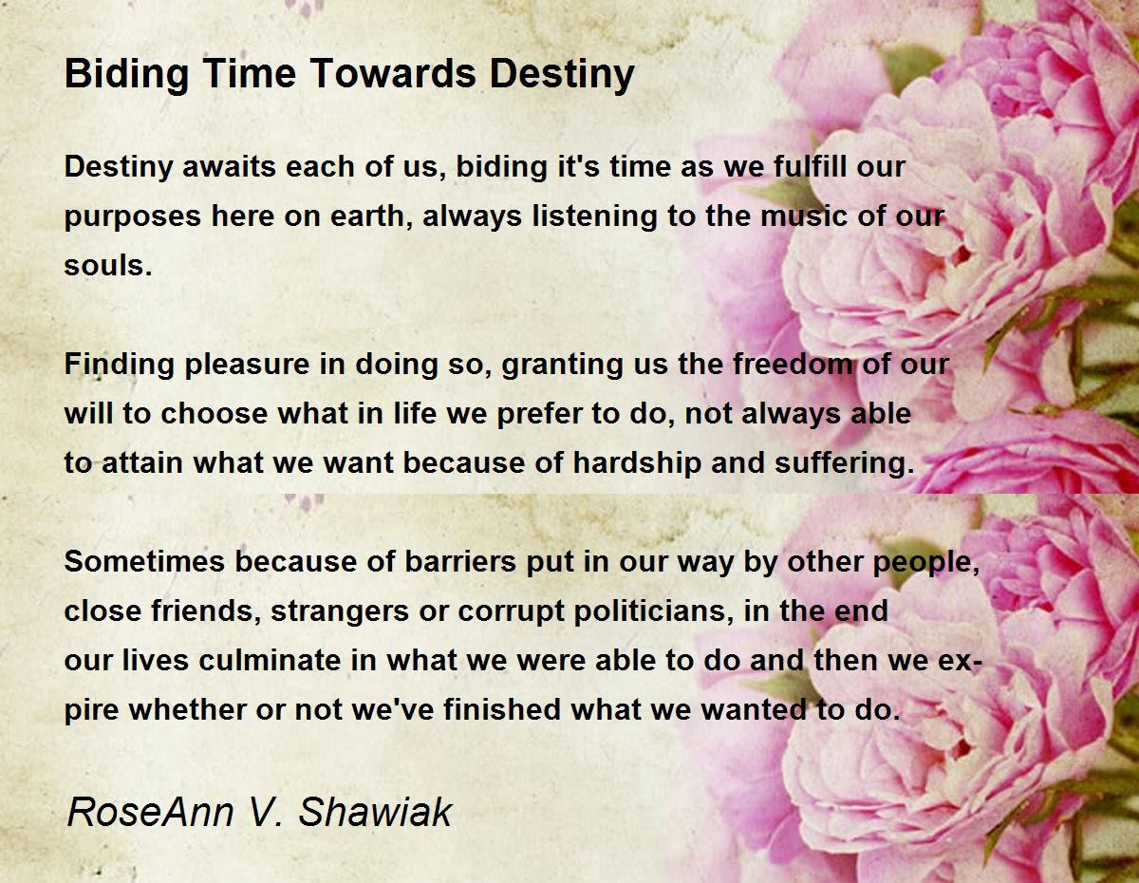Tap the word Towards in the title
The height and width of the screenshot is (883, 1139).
pyautogui.click(x=394, y=73)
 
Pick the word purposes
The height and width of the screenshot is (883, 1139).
pyautogui.click(x=133, y=217)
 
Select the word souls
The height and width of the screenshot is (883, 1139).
pyautogui.click(x=108, y=265)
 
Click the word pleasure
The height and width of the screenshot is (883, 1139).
pyautogui.click(x=248, y=365)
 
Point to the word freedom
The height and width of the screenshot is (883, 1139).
pyautogui.click(x=793, y=364)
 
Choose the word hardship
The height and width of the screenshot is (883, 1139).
pyautogui.click(x=637, y=463)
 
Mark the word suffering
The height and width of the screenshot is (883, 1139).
pyautogui.click(x=845, y=463)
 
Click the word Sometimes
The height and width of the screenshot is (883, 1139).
pyautogui.click(x=144, y=561)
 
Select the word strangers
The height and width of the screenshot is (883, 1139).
pyautogui.click(x=340, y=611)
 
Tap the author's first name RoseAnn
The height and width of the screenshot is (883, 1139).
pyautogui.click(x=150, y=812)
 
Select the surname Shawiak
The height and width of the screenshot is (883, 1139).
pyautogui.click(x=375, y=812)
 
